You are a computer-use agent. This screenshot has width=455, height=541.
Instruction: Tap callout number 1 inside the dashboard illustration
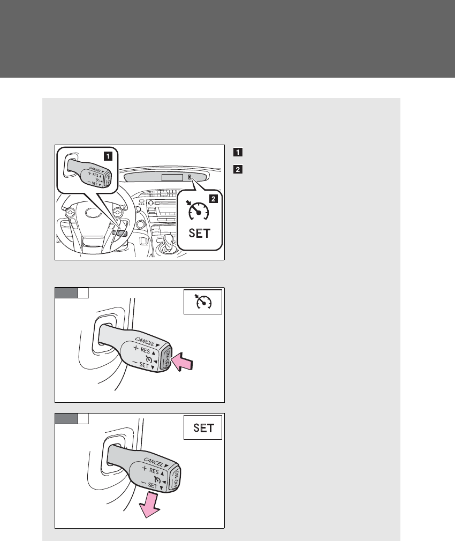pos(108,156)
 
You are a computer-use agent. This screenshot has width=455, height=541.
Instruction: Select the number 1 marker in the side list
pos(237,152)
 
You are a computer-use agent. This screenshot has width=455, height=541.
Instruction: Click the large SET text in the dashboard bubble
pos(199,233)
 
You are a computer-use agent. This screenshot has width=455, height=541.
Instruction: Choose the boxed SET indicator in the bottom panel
pos(202,428)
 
